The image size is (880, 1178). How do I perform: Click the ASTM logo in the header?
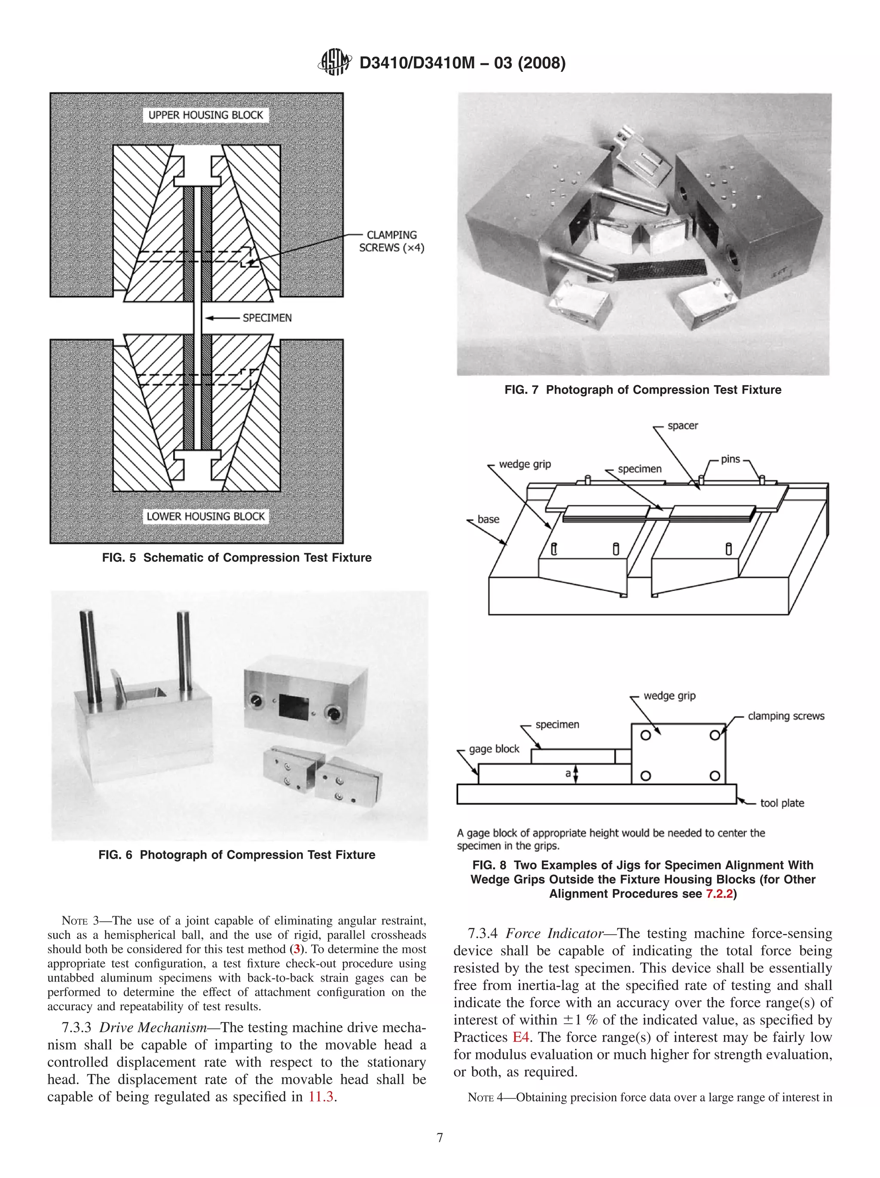coord(334,62)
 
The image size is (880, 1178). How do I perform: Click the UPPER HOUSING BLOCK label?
coord(205,115)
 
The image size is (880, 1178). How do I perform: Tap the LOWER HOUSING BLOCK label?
coord(205,516)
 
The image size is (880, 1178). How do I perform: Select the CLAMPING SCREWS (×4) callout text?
coord(392,241)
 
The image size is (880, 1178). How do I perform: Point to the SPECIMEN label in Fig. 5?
coord(267,318)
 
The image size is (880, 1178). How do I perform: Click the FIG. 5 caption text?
coord(237,557)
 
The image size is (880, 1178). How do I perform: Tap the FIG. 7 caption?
coord(642,390)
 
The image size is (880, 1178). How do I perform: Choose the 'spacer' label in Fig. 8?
coord(682,425)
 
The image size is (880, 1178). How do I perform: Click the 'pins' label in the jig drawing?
coord(730,459)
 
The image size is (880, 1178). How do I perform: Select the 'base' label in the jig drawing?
coord(488,519)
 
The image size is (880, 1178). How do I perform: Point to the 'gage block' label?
coord(494,749)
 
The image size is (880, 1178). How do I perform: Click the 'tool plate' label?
coord(782,803)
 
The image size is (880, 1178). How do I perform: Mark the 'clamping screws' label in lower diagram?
coord(786,716)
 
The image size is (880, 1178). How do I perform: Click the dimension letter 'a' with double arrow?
coord(568,774)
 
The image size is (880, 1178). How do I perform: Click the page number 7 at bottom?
coord(440,1138)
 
